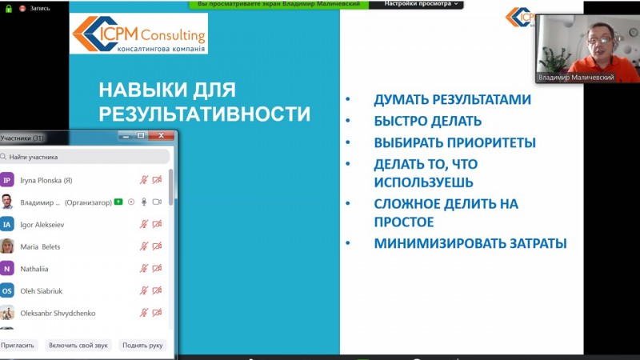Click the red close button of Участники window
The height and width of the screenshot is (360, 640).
(162, 135)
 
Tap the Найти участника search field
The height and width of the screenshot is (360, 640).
(85, 157)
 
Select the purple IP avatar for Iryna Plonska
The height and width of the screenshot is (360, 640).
(7, 180)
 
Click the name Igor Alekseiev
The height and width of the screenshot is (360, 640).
(42, 225)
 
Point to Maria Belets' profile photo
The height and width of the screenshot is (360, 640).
(7, 246)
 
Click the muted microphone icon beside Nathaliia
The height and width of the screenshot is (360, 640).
(144, 269)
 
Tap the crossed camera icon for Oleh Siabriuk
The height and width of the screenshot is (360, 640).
(157, 290)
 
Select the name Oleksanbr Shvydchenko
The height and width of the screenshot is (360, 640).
(58, 314)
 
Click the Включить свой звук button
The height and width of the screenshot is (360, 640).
(78, 346)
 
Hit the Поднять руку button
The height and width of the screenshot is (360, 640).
(142, 346)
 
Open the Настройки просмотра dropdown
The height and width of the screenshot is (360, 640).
(421, 4)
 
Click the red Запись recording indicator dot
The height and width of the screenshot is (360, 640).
(22, 8)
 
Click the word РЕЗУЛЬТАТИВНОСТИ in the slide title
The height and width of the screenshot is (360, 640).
(205, 114)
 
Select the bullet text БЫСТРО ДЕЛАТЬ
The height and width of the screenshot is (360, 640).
(428, 122)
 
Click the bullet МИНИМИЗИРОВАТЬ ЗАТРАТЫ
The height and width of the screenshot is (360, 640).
(470, 244)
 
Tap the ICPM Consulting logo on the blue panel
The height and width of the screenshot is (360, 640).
(138, 34)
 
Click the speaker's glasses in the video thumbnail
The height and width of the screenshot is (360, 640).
(598, 40)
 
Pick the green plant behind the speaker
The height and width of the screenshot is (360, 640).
(554, 58)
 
